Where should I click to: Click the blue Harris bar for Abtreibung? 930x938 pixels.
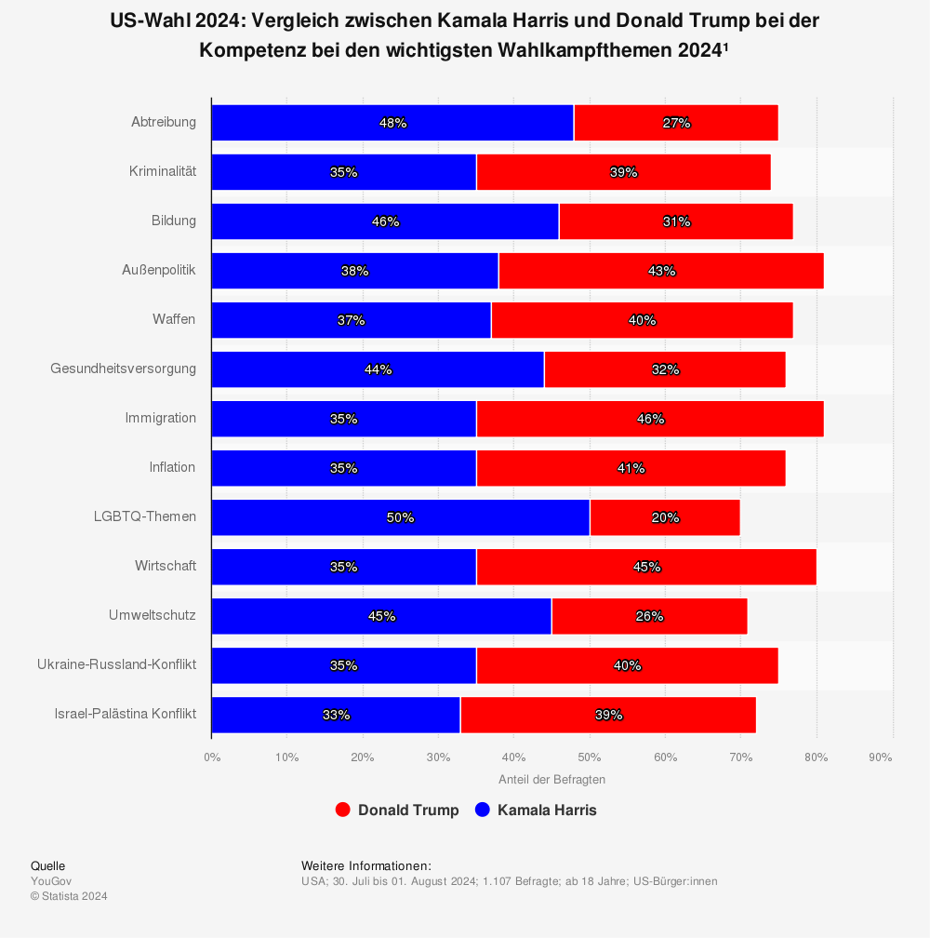tap(307, 123)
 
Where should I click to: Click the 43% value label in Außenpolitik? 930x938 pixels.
tap(661, 271)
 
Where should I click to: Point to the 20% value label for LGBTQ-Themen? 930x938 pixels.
tap(665, 517)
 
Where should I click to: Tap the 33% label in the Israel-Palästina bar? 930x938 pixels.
tap(336, 715)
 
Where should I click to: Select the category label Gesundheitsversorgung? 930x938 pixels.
tap(123, 368)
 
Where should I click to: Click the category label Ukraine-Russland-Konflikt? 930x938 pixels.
tap(116, 664)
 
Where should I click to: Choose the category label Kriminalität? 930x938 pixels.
tap(163, 171)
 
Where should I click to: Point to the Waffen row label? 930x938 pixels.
tap(174, 319)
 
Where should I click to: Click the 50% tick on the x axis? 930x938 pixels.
tap(590, 757)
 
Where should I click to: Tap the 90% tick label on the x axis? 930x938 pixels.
tap(880, 757)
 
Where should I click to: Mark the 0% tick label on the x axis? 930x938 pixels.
tap(212, 757)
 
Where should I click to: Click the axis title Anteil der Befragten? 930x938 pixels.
tap(551, 780)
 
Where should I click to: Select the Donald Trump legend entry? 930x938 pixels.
tap(407, 811)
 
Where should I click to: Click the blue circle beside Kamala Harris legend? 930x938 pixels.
tap(482, 811)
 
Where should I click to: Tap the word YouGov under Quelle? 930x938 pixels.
tap(51, 881)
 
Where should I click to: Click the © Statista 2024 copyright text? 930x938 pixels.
tap(69, 896)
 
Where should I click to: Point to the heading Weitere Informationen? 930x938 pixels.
tap(365, 865)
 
